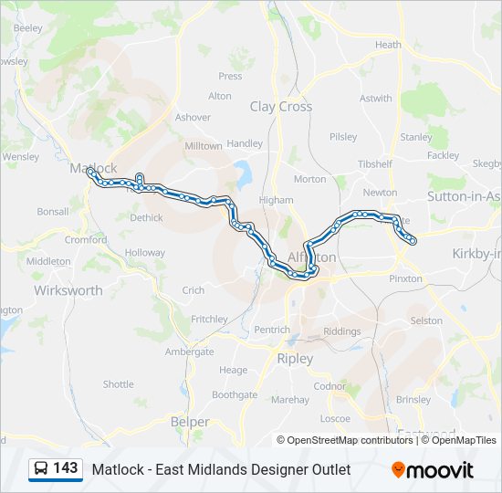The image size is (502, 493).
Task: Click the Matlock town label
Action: pyautogui.click(x=93, y=168)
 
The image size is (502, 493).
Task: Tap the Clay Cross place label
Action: pyautogui.click(x=281, y=107)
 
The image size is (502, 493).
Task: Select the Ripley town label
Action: pyautogui.click(x=295, y=359)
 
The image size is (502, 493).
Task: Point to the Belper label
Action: pyautogui.click(x=190, y=422)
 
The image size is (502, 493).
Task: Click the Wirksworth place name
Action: pyautogui.click(x=68, y=290)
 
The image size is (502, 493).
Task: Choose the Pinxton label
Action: pyautogui.click(x=405, y=278)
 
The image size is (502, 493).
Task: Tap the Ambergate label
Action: pyautogui.click(x=189, y=351)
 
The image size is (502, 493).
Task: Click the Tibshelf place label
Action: pyautogui.click(x=374, y=164)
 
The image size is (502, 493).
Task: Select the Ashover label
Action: pyautogui.click(x=193, y=118)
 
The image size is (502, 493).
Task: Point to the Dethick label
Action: pyautogui.click(x=146, y=218)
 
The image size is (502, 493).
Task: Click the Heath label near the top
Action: pyautogui.click(x=388, y=45)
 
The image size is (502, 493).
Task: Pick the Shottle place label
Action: pyautogui.click(x=118, y=384)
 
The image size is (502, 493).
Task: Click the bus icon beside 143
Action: pyautogui.click(x=41, y=469)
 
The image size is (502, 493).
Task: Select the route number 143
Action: pyautogui.click(x=66, y=468)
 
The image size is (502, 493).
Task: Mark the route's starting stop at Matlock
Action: pyautogui.click(x=89, y=171)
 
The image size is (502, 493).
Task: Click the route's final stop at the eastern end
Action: pyautogui.click(x=413, y=241)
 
